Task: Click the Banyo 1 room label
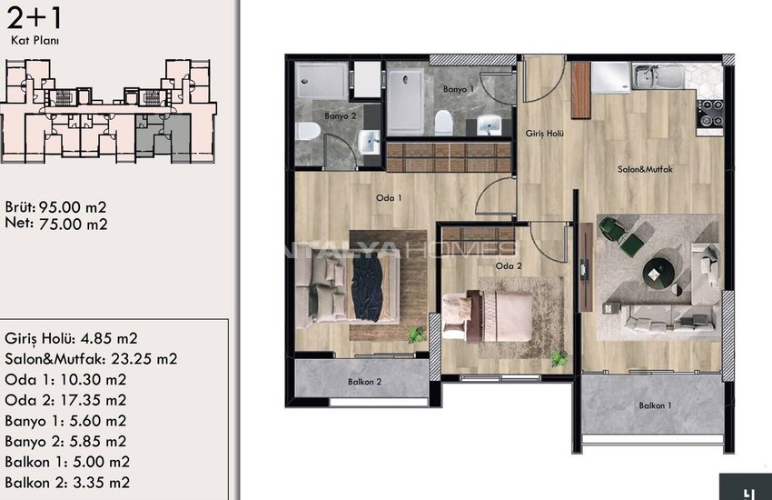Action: click(458, 89)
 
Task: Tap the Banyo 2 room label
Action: click(340, 116)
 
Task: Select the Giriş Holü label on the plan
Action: click(544, 134)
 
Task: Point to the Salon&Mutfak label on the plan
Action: click(645, 169)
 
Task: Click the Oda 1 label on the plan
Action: click(389, 198)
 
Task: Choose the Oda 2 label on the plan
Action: click(509, 266)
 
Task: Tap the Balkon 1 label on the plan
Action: click(655, 406)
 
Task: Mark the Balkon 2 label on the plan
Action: click(364, 382)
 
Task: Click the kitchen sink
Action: click(658, 76)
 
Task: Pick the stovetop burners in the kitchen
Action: click(710, 114)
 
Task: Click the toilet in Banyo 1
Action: click(443, 123)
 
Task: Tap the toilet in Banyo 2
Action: click(308, 131)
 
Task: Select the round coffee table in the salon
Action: click(658, 272)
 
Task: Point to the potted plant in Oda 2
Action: click(559, 358)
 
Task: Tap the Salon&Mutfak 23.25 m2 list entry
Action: click(91, 358)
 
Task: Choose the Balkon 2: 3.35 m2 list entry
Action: click(67, 483)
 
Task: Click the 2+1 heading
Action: click(35, 18)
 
